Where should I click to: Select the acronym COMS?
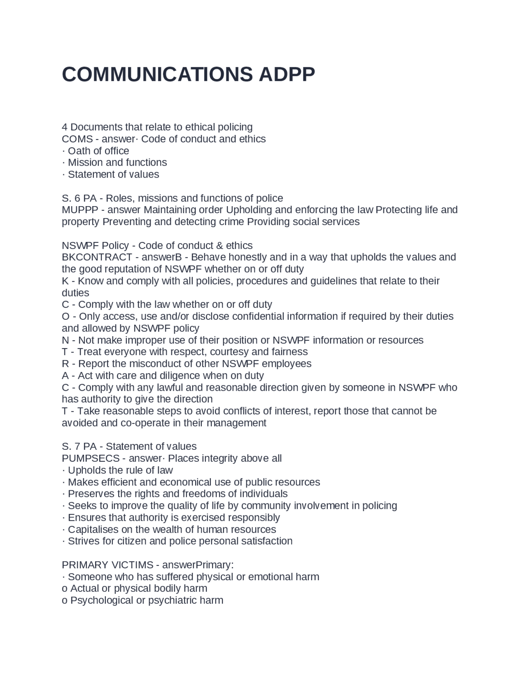pyautogui.click(x=77, y=139)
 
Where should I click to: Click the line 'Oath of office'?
pyautogui.click(x=98, y=151)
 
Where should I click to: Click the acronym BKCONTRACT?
pyautogui.click(x=97, y=257)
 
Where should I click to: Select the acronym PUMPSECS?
pyautogui.click(x=91, y=458)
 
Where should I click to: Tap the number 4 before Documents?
pyautogui.click(x=64, y=127)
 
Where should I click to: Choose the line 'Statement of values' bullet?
pyautogui.click(x=113, y=174)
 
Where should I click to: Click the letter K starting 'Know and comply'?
pyautogui.click(x=65, y=281)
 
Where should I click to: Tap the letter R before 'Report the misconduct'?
pyautogui.click(x=65, y=364)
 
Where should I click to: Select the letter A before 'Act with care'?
pyautogui.click(x=65, y=376)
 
